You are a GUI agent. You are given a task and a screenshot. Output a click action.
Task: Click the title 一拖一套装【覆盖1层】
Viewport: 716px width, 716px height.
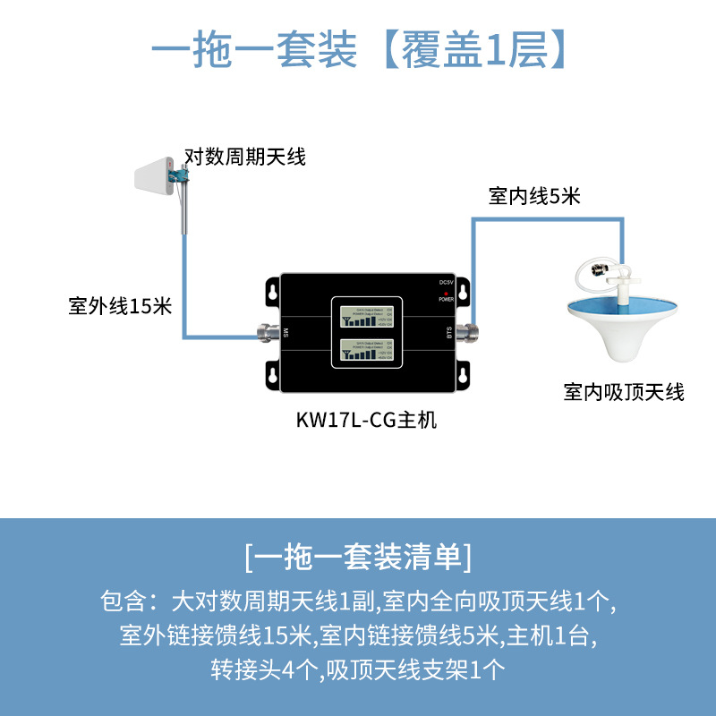coord(358,51)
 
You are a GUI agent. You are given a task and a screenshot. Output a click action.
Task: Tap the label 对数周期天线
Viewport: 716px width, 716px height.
coord(244,158)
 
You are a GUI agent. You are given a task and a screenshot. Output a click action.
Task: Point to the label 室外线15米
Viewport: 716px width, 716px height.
coord(119,306)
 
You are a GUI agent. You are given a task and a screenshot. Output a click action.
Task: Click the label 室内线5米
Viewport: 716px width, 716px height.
coord(534,197)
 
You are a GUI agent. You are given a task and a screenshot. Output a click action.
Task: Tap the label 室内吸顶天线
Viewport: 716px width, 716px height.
coord(624,392)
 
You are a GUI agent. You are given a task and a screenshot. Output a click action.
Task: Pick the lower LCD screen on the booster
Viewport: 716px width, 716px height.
coord(367,353)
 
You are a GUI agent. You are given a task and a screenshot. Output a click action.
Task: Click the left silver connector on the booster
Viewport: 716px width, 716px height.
coord(268,335)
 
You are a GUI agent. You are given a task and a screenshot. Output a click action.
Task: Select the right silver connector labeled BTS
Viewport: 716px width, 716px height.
coord(466,334)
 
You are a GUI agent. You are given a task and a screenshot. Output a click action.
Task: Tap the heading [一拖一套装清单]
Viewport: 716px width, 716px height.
coord(358,557)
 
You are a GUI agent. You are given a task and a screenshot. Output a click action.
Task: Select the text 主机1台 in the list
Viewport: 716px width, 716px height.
coord(548,635)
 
